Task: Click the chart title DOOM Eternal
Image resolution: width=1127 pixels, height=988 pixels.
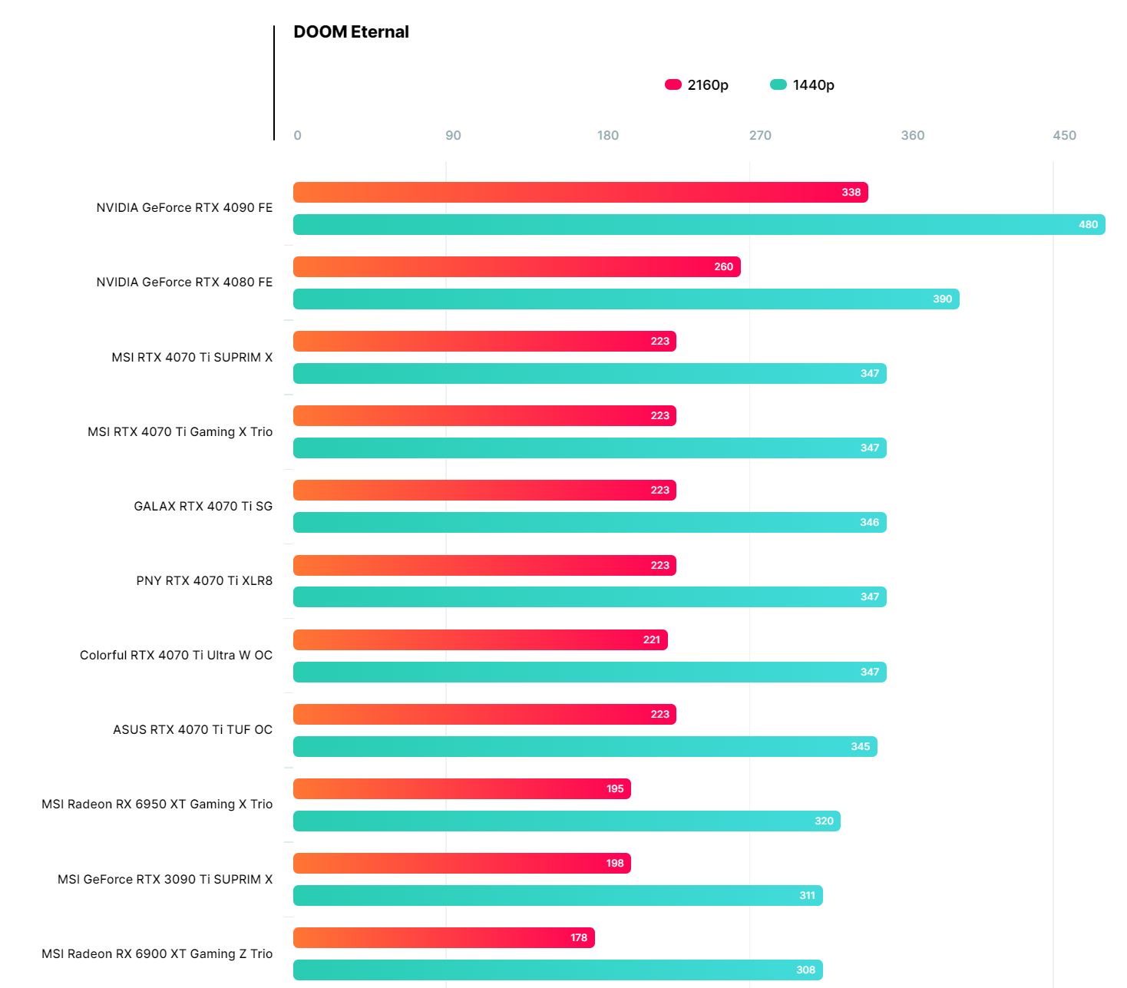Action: (351, 32)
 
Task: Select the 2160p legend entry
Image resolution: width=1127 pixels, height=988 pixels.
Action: (697, 85)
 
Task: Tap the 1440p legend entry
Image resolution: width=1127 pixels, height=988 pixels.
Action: (802, 85)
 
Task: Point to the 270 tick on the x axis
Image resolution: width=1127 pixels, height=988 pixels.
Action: (760, 136)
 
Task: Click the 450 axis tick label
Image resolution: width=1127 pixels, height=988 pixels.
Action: (1064, 136)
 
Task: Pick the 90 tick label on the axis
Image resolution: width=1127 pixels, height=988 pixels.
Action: (453, 136)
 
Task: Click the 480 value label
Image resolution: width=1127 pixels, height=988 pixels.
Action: (1088, 225)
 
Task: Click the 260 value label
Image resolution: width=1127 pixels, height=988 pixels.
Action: (723, 267)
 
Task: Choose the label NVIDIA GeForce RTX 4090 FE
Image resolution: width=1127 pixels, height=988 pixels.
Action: (184, 208)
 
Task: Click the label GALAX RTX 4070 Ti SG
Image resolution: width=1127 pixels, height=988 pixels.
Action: (203, 507)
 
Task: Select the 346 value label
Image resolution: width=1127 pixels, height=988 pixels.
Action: (869, 523)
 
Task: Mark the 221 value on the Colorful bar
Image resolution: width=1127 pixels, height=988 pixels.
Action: (651, 640)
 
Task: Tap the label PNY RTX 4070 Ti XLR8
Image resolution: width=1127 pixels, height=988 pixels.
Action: (204, 581)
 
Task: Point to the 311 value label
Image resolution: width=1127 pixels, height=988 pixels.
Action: (807, 896)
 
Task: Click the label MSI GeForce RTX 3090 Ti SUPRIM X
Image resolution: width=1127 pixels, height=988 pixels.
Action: (165, 880)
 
